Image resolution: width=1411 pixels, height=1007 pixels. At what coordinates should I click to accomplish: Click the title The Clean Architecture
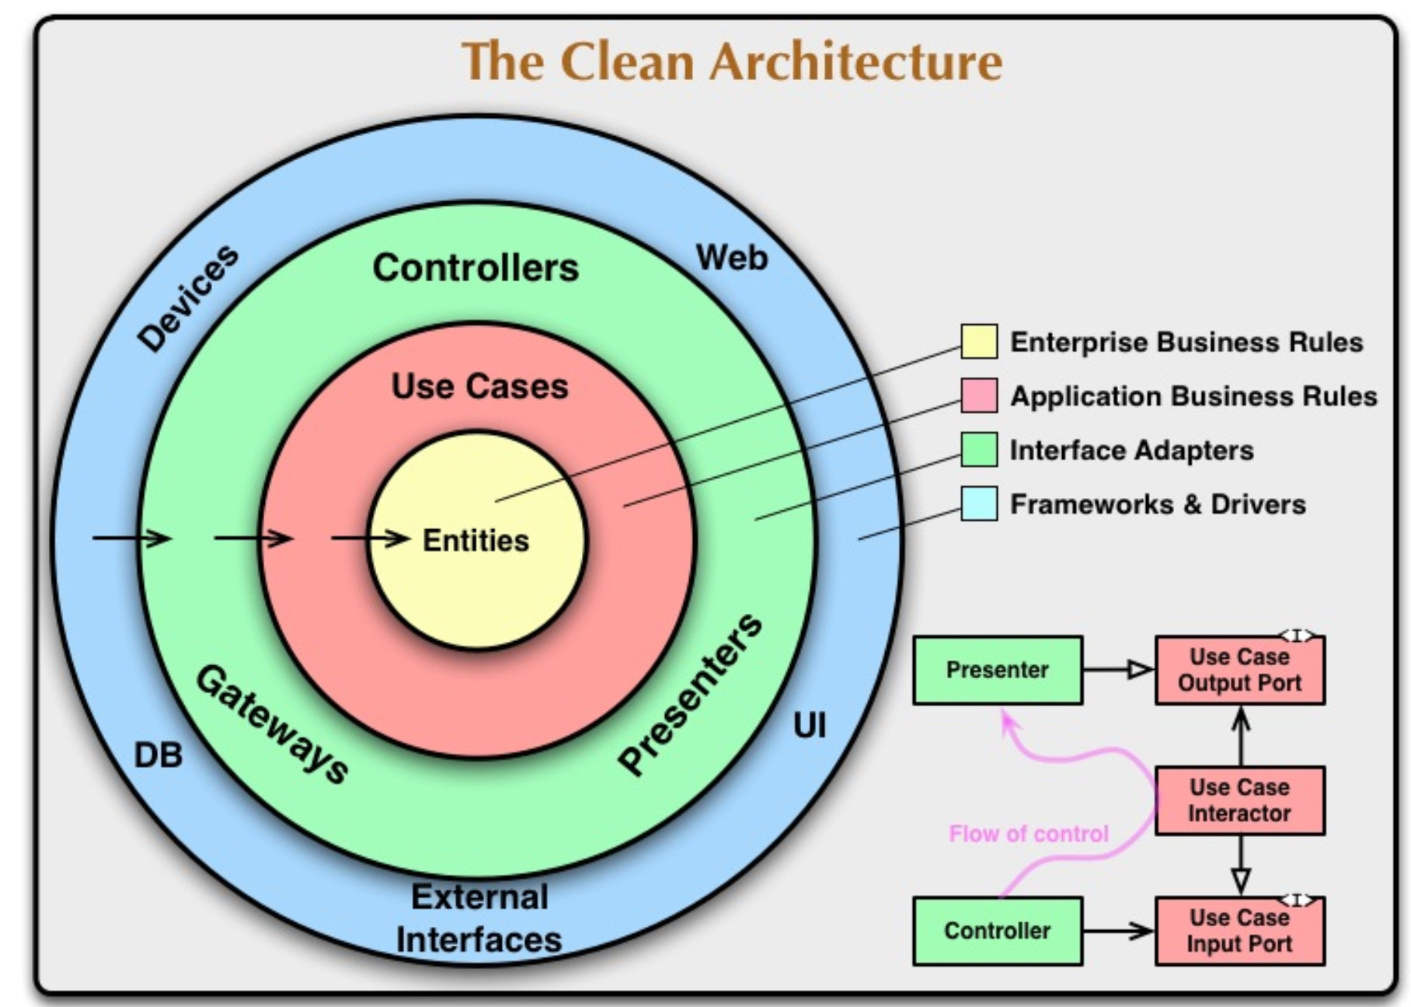click(x=732, y=61)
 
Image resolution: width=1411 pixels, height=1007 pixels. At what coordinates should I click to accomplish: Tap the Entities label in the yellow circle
click(x=476, y=540)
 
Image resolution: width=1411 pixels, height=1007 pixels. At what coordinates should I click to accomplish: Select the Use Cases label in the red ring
click(x=479, y=386)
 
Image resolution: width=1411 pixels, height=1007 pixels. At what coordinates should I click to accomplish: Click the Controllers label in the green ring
click(x=476, y=268)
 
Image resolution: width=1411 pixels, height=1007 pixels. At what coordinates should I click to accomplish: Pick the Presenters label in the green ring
click(x=691, y=694)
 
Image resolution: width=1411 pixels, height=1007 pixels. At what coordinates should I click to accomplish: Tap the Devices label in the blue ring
click(x=188, y=298)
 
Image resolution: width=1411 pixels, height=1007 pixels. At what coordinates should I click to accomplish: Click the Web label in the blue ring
click(x=732, y=257)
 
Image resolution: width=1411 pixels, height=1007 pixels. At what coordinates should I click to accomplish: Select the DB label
click(x=159, y=755)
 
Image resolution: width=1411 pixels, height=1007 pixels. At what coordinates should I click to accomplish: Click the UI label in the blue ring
click(x=810, y=726)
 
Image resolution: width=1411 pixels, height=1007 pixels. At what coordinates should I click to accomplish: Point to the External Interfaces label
click(x=479, y=918)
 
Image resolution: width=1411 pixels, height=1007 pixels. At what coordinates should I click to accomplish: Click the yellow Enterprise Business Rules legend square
click(x=979, y=342)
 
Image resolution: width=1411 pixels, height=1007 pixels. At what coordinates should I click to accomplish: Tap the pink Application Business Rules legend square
click(x=979, y=395)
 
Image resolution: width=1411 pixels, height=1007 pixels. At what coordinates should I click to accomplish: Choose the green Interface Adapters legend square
click(x=979, y=450)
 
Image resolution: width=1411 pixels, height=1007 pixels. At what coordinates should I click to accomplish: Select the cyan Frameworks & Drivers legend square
click(x=979, y=503)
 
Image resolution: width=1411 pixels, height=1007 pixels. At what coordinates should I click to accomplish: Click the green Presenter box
click(x=998, y=671)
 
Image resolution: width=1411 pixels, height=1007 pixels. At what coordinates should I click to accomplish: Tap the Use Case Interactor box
click(x=1240, y=801)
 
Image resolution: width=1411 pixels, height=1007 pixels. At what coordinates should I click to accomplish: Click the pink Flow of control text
click(x=1029, y=834)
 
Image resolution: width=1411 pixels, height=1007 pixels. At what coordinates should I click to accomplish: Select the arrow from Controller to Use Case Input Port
click(x=1119, y=931)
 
